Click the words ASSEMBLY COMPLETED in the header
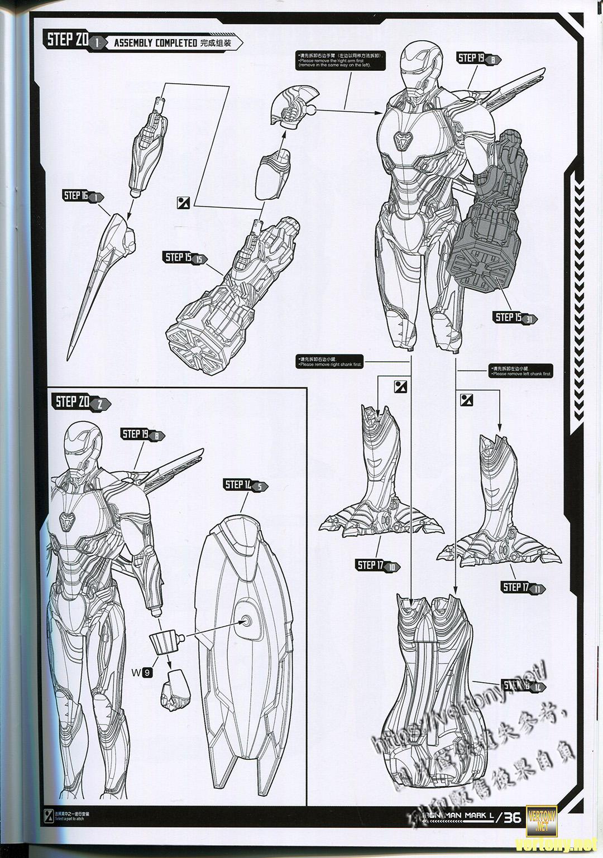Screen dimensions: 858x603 click(x=155, y=43)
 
